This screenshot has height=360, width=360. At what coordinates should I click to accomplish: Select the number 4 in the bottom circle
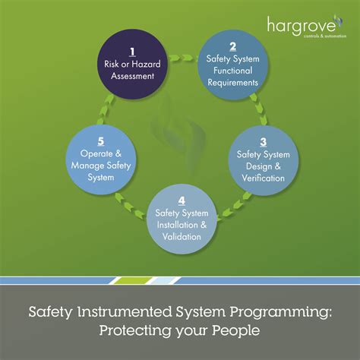181,200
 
